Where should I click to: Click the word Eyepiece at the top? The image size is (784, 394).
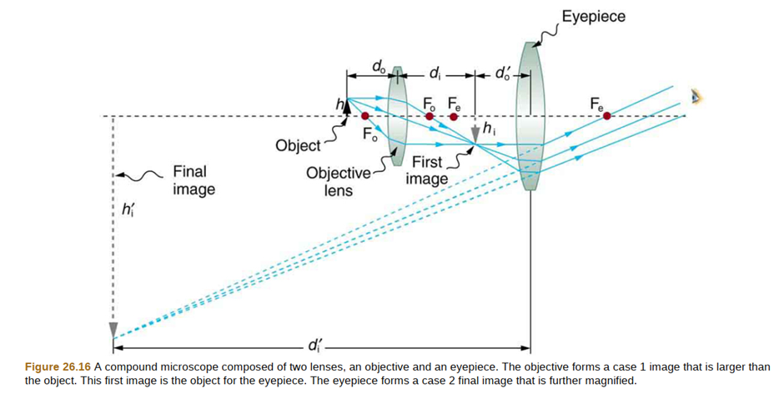point(593,17)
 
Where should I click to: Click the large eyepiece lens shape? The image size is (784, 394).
point(530,117)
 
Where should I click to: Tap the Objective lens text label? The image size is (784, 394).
point(338,181)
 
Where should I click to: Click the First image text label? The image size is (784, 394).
point(427,170)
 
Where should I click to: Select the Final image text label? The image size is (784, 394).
point(193,180)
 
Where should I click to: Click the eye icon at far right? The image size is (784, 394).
point(696,98)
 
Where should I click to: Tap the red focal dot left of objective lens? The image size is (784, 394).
point(364,117)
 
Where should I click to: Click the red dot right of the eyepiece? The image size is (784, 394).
point(607,117)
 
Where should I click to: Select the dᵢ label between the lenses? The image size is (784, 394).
point(435,74)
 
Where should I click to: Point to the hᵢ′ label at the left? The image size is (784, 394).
point(128,210)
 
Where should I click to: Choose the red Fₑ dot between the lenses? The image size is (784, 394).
point(453,117)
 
